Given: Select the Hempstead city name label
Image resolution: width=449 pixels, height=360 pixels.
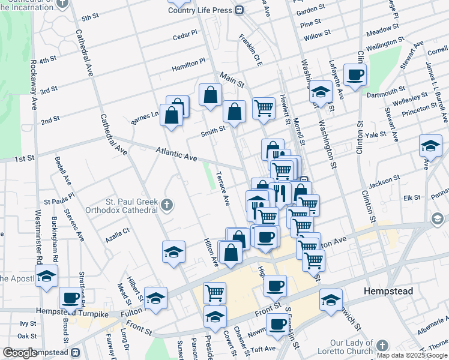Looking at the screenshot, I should [x=388, y=291].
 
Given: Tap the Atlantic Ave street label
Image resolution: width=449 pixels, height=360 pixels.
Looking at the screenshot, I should [x=177, y=154].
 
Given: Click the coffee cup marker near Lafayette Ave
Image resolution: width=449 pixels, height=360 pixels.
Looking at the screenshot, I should [x=355, y=74].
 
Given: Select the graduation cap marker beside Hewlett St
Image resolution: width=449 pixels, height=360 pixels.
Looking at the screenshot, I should [x=321, y=92].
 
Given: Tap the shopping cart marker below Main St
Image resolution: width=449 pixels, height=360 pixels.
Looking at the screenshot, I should [x=264, y=108].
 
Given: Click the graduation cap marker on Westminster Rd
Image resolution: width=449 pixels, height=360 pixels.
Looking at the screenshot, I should [x=46, y=277].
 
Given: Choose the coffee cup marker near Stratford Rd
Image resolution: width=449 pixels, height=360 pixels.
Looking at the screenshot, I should [x=70, y=297].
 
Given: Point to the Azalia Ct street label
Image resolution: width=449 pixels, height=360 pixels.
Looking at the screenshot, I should [x=117, y=231].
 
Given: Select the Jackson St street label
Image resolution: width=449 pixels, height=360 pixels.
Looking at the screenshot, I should [x=384, y=179].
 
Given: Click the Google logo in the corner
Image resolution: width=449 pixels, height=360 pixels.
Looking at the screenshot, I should [x=20, y=353].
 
